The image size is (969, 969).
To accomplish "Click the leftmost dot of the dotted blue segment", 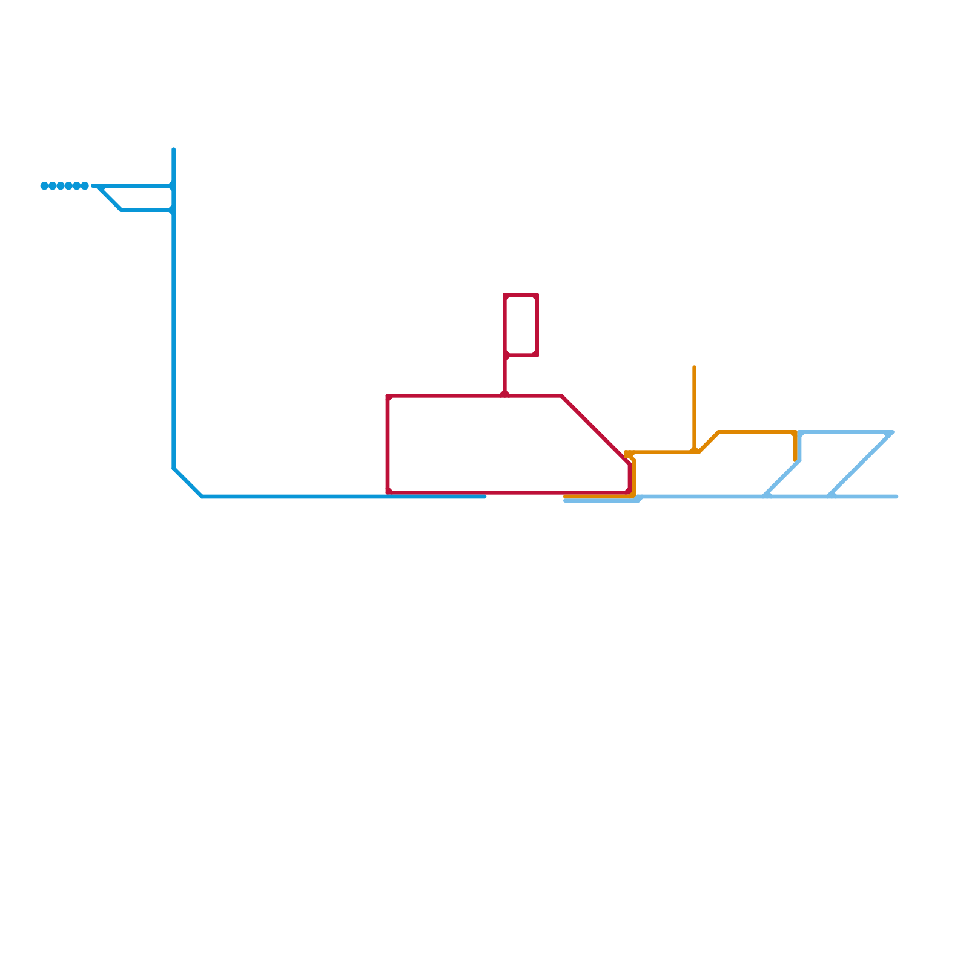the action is (x=44, y=185).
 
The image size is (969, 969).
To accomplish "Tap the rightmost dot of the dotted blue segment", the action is (x=85, y=185).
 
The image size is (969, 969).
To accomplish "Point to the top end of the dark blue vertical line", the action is (x=174, y=149).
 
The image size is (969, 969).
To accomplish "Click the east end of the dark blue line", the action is (x=484, y=497).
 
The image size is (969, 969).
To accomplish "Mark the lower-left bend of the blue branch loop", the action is (x=121, y=210).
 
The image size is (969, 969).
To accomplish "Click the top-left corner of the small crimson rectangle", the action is (x=505, y=295).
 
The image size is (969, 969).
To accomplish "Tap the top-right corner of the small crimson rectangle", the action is (x=537, y=295).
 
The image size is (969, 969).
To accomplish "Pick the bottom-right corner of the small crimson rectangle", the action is (x=537, y=355).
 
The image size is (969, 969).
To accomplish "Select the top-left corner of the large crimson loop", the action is (x=388, y=396).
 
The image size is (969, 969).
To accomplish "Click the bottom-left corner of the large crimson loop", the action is (x=388, y=492).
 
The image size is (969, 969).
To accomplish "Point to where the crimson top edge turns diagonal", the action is (x=561, y=396).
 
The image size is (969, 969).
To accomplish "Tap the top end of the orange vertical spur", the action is (x=694, y=367).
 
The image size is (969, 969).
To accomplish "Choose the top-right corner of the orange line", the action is (x=795, y=432).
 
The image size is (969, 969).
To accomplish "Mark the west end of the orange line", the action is (x=565, y=497).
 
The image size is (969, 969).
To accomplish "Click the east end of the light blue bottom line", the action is (x=896, y=497).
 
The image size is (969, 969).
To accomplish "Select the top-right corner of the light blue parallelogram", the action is (x=892, y=432).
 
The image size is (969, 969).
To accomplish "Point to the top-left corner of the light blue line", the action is (x=800, y=432).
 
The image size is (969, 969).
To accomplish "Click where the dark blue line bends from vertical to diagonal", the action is (x=174, y=468).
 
